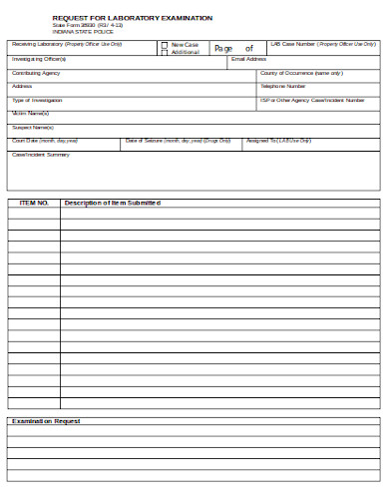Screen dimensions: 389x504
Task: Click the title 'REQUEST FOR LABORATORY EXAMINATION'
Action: pos(132,18)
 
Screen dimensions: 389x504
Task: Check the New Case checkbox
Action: pos(165,45)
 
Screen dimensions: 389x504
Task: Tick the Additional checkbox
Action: pos(165,52)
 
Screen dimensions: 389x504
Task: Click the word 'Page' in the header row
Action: pos(223,48)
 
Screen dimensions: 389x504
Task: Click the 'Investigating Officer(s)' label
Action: pos(39,59)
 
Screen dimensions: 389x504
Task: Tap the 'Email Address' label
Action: pos(248,59)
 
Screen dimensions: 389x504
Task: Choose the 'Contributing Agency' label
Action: pos(36,73)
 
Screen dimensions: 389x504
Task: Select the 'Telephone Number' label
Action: pos(283,86)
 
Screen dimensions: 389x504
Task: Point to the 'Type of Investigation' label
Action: pos(37,100)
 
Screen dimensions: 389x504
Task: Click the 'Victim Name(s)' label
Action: pos(31,114)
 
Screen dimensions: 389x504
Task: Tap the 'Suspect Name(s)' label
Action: pos(32,127)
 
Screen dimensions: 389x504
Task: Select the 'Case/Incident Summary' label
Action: pos(40,155)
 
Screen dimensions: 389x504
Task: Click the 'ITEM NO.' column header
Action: pos(34,203)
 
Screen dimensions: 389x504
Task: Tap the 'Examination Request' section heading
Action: pos(45,421)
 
